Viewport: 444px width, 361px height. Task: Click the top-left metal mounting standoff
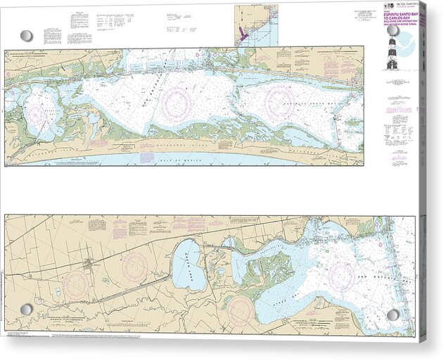[x=27, y=35]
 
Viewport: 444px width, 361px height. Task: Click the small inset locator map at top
[x=257, y=25]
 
